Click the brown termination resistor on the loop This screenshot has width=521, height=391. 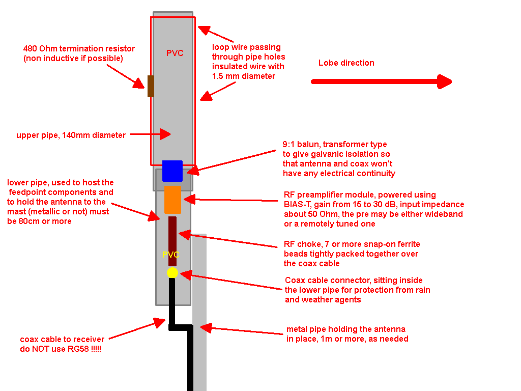coord(151,86)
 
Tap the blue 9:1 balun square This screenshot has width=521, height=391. coord(172,171)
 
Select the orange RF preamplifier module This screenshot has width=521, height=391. coord(172,200)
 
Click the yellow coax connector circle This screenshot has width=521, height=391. coord(172,273)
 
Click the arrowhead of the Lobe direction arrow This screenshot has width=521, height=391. coord(445,81)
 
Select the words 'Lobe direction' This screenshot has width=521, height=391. coord(346,63)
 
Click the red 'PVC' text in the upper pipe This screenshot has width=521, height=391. coord(175,53)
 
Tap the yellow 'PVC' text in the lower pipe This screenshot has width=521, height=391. coord(170,255)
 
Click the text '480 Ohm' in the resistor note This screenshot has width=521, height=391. coord(40,49)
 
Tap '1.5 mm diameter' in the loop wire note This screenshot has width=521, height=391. coord(243,76)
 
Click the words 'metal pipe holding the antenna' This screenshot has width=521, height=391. coord(345,329)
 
